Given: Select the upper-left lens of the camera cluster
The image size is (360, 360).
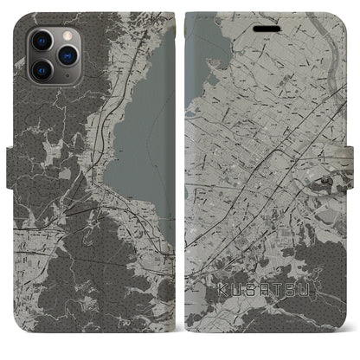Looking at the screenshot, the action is [x=42, y=40].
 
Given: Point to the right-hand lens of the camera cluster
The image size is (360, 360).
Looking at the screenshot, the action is [x=64, y=53].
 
